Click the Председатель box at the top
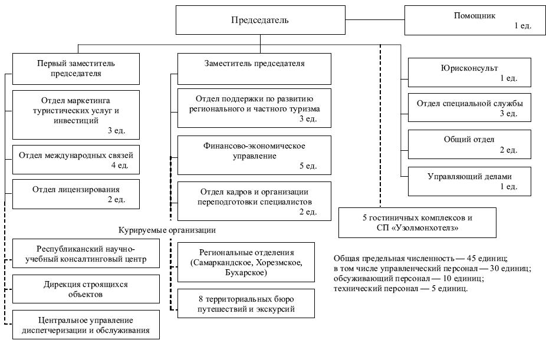pyautogui.click(x=261, y=20)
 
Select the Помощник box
pyautogui.click(x=475, y=20)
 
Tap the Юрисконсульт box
pyautogui.click(x=469, y=72)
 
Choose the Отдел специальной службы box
pyautogui.click(x=469, y=107)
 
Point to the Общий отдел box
pyautogui.click(x=469, y=144)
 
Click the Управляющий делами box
pyautogui.click(x=469, y=181)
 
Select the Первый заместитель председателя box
pyautogui.click(x=76, y=69)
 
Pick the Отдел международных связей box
pyautogui.click(x=76, y=160)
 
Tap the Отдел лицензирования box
pyautogui.click(x=76, y=194)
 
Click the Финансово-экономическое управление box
pyautogui.click(x=254, y=155)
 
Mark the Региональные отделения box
pyautogui.click(x=246, y=262)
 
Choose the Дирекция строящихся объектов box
pyautogui.click(x=86, y=289)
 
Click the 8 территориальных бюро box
pyautogui.click(x=246, y=303)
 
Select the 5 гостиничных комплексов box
pyautogui.click(x=417, y=223)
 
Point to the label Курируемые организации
pyautogui.click(x=167, y=230)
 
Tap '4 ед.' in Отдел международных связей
pyautogui.click(x=120, y=165)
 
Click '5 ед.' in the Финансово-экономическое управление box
pyautogui.click(x=308, y=166)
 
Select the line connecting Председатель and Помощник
pyautogui.click(x=375, y=20)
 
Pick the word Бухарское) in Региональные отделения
pyautogui.click(x=246, y=272)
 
